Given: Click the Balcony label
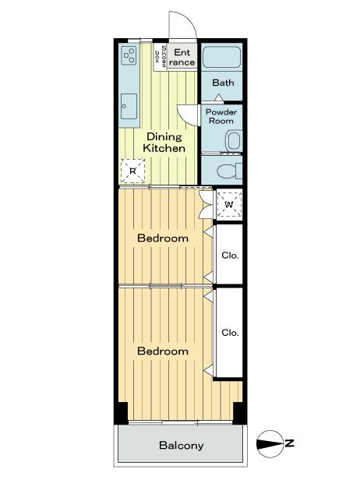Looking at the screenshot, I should pos(181,446).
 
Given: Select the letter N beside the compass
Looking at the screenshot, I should pos(289,443).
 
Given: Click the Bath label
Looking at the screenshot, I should pos(223,83).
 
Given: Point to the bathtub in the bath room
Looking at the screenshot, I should pos(222,58).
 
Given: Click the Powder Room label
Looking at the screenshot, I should pos(221,116).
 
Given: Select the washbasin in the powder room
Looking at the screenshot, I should pos(231,141).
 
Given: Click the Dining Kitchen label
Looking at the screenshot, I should pos(165,142).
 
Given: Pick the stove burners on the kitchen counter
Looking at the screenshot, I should pos(129,58).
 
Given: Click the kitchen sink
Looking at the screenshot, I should pos(129,104).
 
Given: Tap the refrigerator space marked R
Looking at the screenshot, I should pos(133,171).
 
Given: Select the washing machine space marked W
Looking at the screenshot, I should pos(229,205).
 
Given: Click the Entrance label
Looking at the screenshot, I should pos(182,57).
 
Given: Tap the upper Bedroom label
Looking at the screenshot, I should pos(163,238).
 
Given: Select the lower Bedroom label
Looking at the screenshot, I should pos(163,351).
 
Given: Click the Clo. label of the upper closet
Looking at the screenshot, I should pos(229,255).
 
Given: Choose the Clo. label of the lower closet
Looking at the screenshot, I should pos(229,333).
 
